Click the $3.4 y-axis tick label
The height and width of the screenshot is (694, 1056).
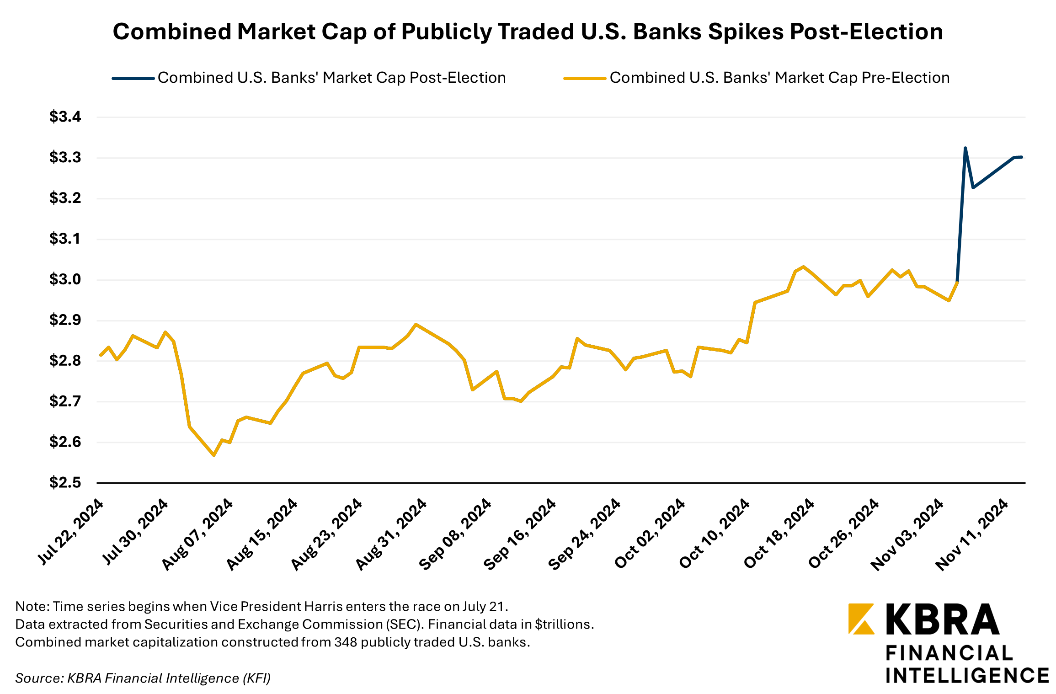pos(65,117)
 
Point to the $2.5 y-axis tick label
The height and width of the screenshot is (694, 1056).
pos(65,482)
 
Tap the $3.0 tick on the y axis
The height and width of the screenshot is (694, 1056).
pos(65,279)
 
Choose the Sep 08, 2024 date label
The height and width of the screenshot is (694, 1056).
pos(455,534)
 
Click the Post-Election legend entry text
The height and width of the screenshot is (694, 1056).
pos(331,78)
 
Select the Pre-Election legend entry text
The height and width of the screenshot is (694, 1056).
pos(779,78)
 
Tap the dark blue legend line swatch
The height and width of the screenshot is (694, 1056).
pos(133,78)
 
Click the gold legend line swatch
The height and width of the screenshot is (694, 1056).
pos(585,78)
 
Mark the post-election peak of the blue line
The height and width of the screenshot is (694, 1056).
pos(965,148)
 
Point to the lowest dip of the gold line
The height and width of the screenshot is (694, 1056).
pos(213,455)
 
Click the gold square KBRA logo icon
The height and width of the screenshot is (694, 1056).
pos(861,619)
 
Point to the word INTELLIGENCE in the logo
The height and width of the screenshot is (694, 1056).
pos(967,676)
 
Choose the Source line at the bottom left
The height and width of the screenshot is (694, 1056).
pos(143,678)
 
